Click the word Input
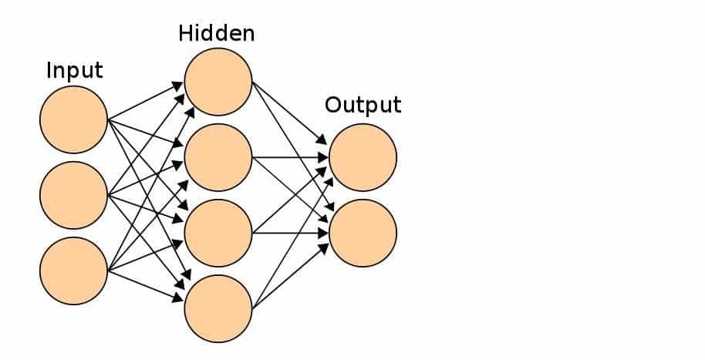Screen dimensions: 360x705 [74, 70]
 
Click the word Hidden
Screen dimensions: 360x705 [217, 33]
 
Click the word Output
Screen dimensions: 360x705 [363, 104]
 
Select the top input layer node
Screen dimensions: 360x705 [74, 119]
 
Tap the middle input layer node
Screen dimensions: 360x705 [74, 196]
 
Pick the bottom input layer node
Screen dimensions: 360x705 [74, 271]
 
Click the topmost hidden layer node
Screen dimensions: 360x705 [218, 82]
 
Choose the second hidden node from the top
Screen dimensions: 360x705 [218, 157]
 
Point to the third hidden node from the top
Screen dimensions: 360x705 [218, 233]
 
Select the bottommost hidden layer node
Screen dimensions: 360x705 [218, 308]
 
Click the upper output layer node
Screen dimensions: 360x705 [363, 157]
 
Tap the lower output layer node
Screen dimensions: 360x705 [363, 233]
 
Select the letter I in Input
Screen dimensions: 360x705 [49, 70]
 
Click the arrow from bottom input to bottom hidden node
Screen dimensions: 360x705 [147, 282]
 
